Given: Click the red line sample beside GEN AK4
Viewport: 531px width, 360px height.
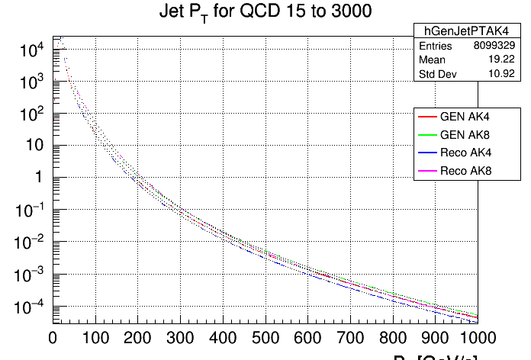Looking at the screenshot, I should coord(426,117).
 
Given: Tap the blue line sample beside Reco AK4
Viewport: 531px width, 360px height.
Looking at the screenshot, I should coord(426,154).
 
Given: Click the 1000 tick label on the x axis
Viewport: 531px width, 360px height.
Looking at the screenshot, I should coord(478,337).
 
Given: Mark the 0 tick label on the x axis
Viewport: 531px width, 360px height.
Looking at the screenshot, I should coord(53,337).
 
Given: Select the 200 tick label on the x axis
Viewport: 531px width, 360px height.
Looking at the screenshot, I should coord(137,337).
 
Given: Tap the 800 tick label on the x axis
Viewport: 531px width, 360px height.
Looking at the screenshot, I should coord(392,337).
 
